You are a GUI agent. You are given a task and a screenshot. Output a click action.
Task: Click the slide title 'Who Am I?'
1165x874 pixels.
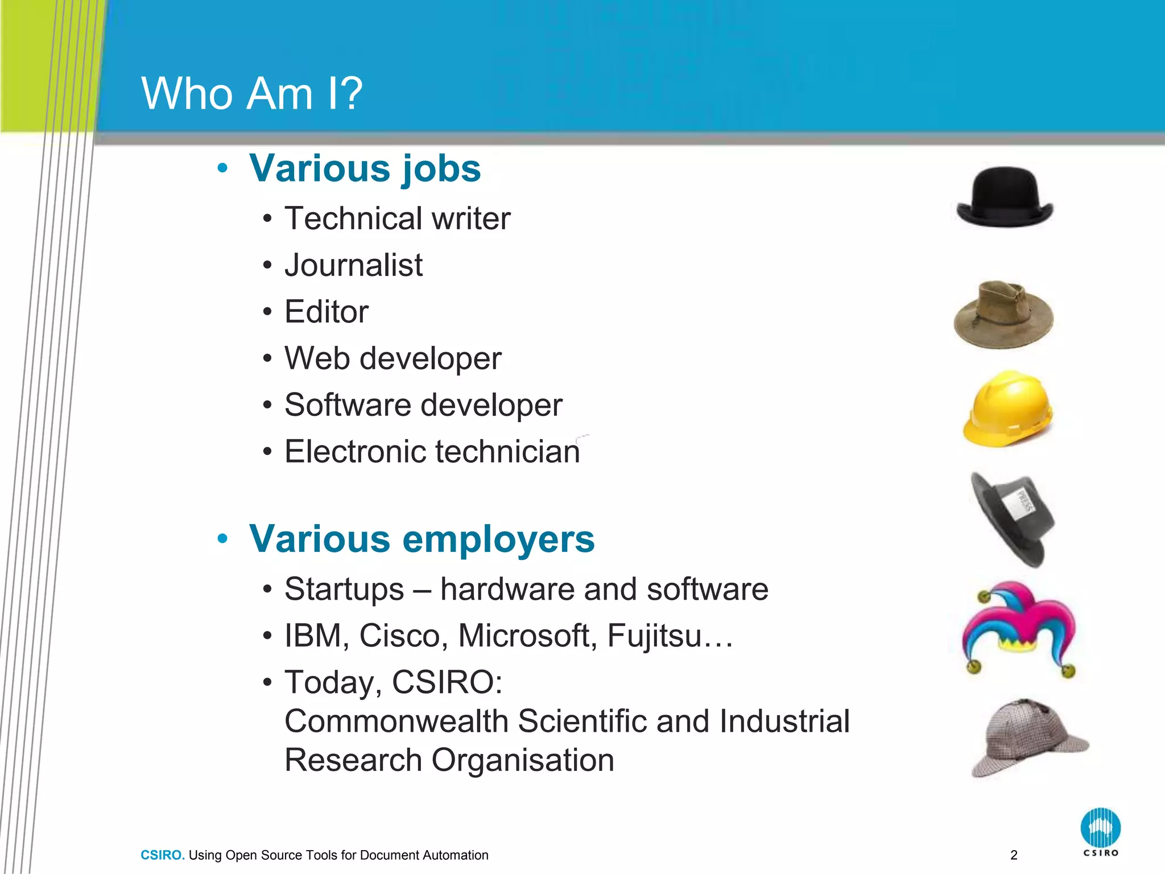251,93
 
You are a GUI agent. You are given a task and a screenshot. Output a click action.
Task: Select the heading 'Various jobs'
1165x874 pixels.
365,168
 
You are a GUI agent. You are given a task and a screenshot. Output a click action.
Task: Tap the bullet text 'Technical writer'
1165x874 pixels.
397,218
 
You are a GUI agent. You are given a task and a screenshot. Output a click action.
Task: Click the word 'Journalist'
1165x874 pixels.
353,265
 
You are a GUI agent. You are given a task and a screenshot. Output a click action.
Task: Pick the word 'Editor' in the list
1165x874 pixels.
327,312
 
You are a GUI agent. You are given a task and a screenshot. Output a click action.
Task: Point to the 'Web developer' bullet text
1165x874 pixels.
393,358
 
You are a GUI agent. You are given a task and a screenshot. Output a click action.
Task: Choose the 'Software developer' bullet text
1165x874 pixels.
423,405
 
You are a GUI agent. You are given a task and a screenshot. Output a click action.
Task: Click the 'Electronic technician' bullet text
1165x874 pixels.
432,452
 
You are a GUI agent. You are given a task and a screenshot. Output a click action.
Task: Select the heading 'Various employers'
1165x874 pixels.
422,538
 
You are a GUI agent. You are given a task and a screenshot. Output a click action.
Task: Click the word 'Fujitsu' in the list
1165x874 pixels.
654,636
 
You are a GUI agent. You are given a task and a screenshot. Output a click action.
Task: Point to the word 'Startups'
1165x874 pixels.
344,589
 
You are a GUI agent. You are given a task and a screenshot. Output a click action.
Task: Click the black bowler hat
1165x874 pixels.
1005,197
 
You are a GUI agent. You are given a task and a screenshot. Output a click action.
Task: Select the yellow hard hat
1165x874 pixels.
1007,409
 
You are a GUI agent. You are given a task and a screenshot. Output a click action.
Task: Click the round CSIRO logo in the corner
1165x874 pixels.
1100,828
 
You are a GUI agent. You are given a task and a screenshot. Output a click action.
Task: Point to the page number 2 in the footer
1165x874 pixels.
1014,855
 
